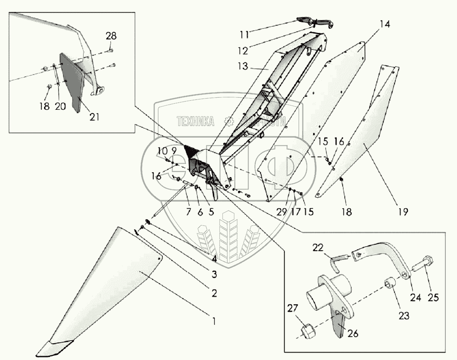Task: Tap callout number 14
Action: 385,24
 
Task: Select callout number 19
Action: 403,212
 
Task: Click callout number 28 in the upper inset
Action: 111,36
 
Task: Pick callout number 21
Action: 94,117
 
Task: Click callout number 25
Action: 433,297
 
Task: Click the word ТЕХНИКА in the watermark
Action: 195,122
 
